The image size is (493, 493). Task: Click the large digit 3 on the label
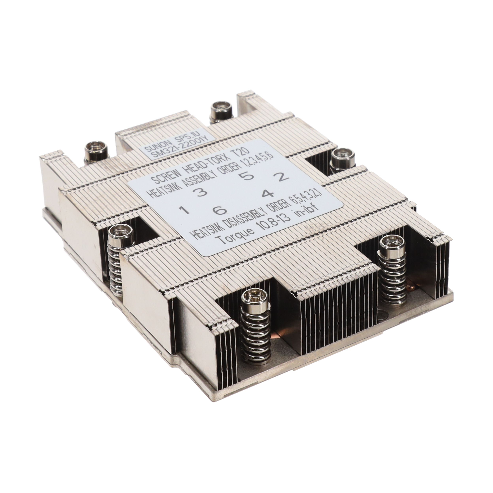[x=201, y=192]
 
